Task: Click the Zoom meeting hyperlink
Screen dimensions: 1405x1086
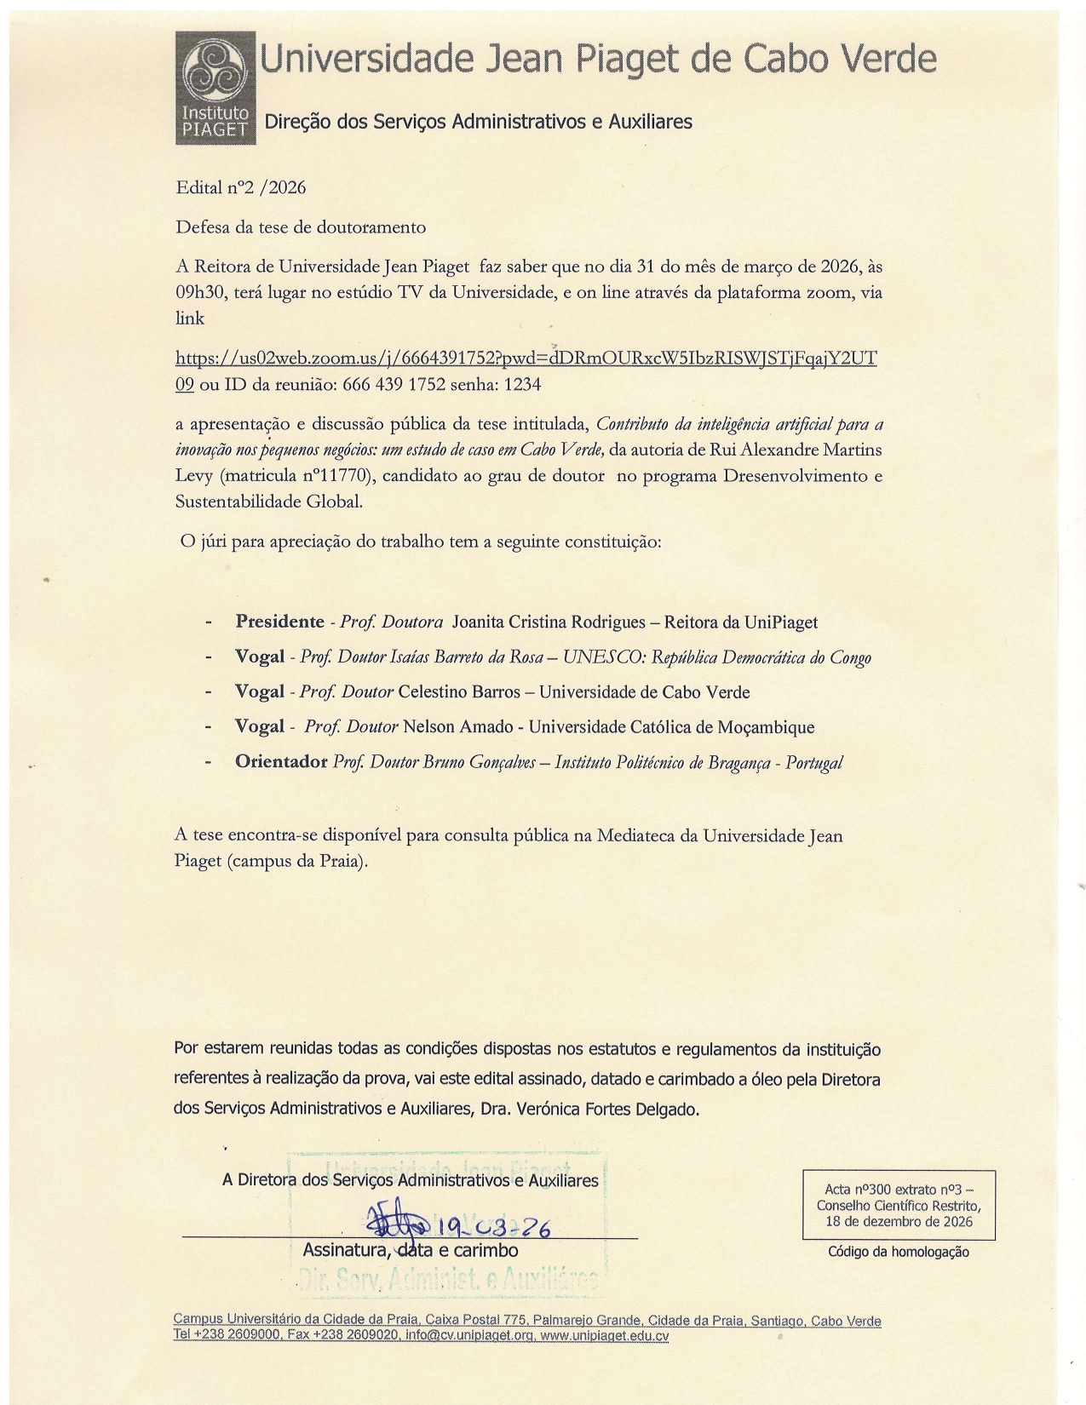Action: click(x=526, y=358)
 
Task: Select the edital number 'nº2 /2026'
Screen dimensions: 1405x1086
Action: click(x=265, y=187)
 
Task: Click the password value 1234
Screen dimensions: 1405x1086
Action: click(x=522, y=385)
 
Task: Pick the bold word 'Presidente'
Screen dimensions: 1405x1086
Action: click(x=279, y=622)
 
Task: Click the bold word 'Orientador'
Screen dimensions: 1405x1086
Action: click(x=281, y=761)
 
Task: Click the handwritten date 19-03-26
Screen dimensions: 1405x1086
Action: click(x=492, y=1227)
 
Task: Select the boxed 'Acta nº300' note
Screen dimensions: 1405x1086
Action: click(x=899, y=1205)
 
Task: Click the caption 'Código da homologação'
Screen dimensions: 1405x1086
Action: click(x=899, y=1252)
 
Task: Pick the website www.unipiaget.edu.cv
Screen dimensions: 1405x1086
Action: click(x=605, y=1335)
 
